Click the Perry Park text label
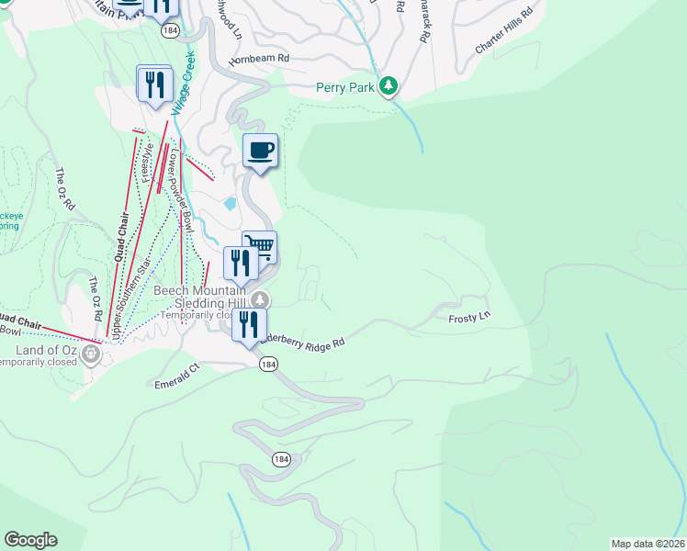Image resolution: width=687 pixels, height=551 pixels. click(345, 87)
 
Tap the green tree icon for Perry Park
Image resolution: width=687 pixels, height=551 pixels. click(389, 85)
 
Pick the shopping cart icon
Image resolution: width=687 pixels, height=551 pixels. click(261, 246)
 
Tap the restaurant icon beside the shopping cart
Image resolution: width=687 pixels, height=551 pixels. click(241, 263)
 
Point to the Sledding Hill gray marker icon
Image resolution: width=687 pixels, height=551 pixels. click(262, 299)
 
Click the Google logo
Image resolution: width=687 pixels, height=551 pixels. click(30, 540)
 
